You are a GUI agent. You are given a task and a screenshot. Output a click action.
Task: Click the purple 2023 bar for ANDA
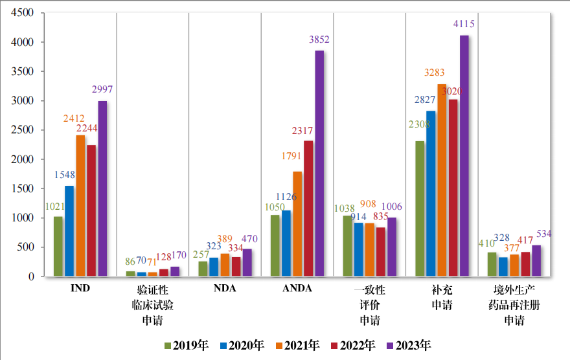click(319, 163)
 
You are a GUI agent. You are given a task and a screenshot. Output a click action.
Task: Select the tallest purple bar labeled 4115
click(464, 155)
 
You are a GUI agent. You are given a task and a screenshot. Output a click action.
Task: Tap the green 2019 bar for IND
click(58, 246)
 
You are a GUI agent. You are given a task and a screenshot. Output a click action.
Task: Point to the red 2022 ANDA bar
click(308, 208)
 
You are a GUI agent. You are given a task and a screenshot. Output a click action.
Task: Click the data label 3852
click(319, 40)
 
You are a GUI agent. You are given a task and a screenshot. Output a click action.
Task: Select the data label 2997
click(102, 90)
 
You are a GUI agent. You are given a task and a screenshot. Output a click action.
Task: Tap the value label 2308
click(420, 124)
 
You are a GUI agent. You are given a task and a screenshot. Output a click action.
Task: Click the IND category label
click(80, 289)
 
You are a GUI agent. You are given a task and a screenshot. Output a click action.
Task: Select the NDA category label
click(225, 289)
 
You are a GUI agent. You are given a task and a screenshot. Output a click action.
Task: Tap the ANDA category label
click(297, 289)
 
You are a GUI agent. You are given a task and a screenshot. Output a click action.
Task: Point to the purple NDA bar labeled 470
click(247, 262)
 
